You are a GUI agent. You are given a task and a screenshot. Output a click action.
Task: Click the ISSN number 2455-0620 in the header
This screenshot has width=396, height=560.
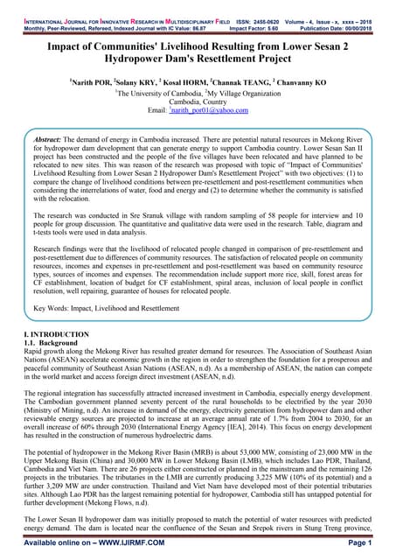tap(264, 5)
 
